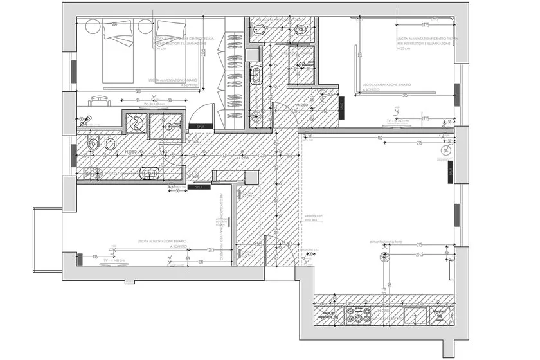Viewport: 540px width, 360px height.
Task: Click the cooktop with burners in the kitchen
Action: click(358, 314)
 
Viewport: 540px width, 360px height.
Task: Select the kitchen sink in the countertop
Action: click(417, 314)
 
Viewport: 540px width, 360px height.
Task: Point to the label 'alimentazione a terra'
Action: click(386, 241)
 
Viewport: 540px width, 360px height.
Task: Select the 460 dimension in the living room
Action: click(380, 137)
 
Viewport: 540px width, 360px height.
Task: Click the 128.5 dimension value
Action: click(210, 249)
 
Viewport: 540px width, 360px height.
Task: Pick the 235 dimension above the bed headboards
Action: click(114, 24)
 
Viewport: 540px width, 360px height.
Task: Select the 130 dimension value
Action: click(201, 262)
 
